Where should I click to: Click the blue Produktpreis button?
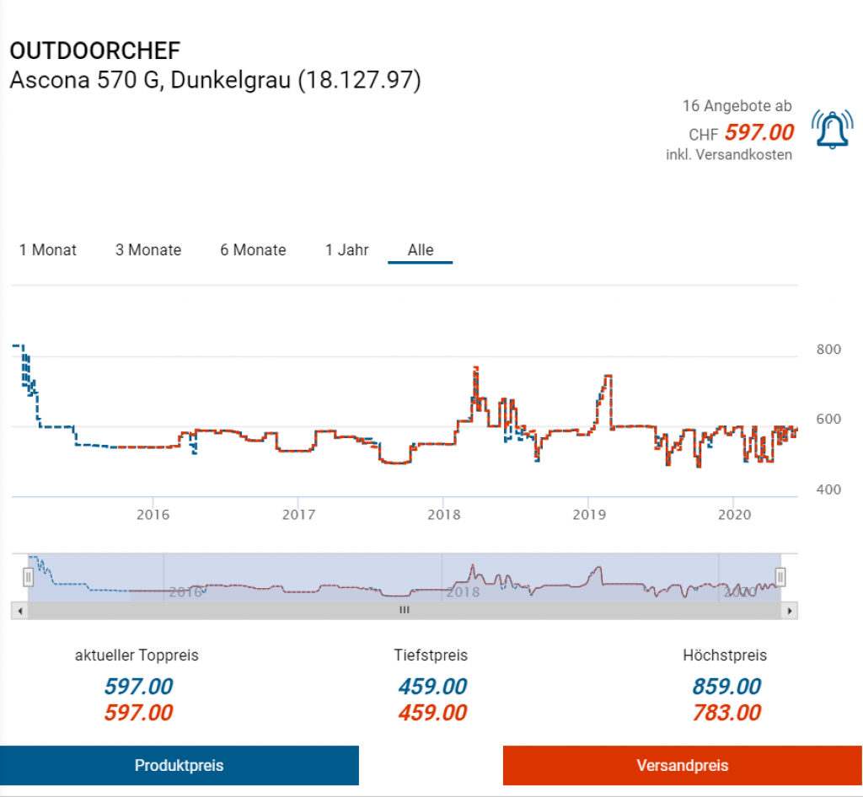click(x=179, y=765)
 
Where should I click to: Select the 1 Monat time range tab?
click(x=48, y=250)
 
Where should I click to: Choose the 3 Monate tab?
click(x=148, y=250)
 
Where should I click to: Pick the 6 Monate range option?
click(x=253, y=250)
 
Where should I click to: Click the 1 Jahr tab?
click(x=346, y=250)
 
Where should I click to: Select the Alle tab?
click(x=421, y=250)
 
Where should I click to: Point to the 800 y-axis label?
click(x=829, y=350)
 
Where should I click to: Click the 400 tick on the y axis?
click(x=829, y=489)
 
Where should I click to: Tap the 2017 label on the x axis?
click(x=298, y=514)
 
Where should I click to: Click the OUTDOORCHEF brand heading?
click(x=94, y=51)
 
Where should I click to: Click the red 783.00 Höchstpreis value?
click(x=726, y=713)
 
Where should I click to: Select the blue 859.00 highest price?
click(x=726, y=687)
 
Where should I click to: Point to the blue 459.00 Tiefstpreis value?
click(x=432, y=687)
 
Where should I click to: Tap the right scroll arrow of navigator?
click(x=789, y=610)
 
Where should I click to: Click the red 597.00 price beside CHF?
click(x=759, y=132)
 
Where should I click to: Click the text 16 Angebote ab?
click(x=737, y=106)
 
